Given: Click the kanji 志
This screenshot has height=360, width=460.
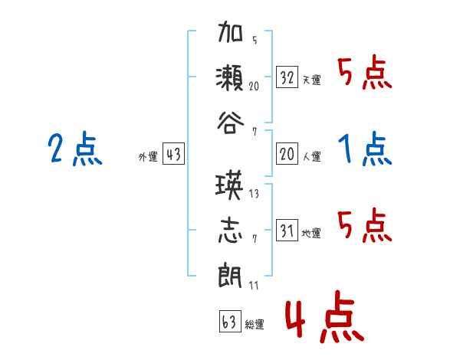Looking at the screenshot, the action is click(x=232, y=230).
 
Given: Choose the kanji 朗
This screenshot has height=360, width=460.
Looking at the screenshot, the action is click(x=232, y=274).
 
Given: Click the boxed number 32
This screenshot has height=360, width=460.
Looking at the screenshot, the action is click(x=287, y=77).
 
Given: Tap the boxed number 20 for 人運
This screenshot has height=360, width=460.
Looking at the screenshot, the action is click(x=287, y=155).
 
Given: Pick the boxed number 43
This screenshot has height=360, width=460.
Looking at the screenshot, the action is click(x=173, y=155).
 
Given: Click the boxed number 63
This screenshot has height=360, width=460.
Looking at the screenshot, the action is click(x=229, y=321).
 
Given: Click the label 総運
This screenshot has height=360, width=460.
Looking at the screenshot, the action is click(x=255, y=324).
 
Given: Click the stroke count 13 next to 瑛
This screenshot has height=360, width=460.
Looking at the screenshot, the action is click(x=254, y=194).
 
